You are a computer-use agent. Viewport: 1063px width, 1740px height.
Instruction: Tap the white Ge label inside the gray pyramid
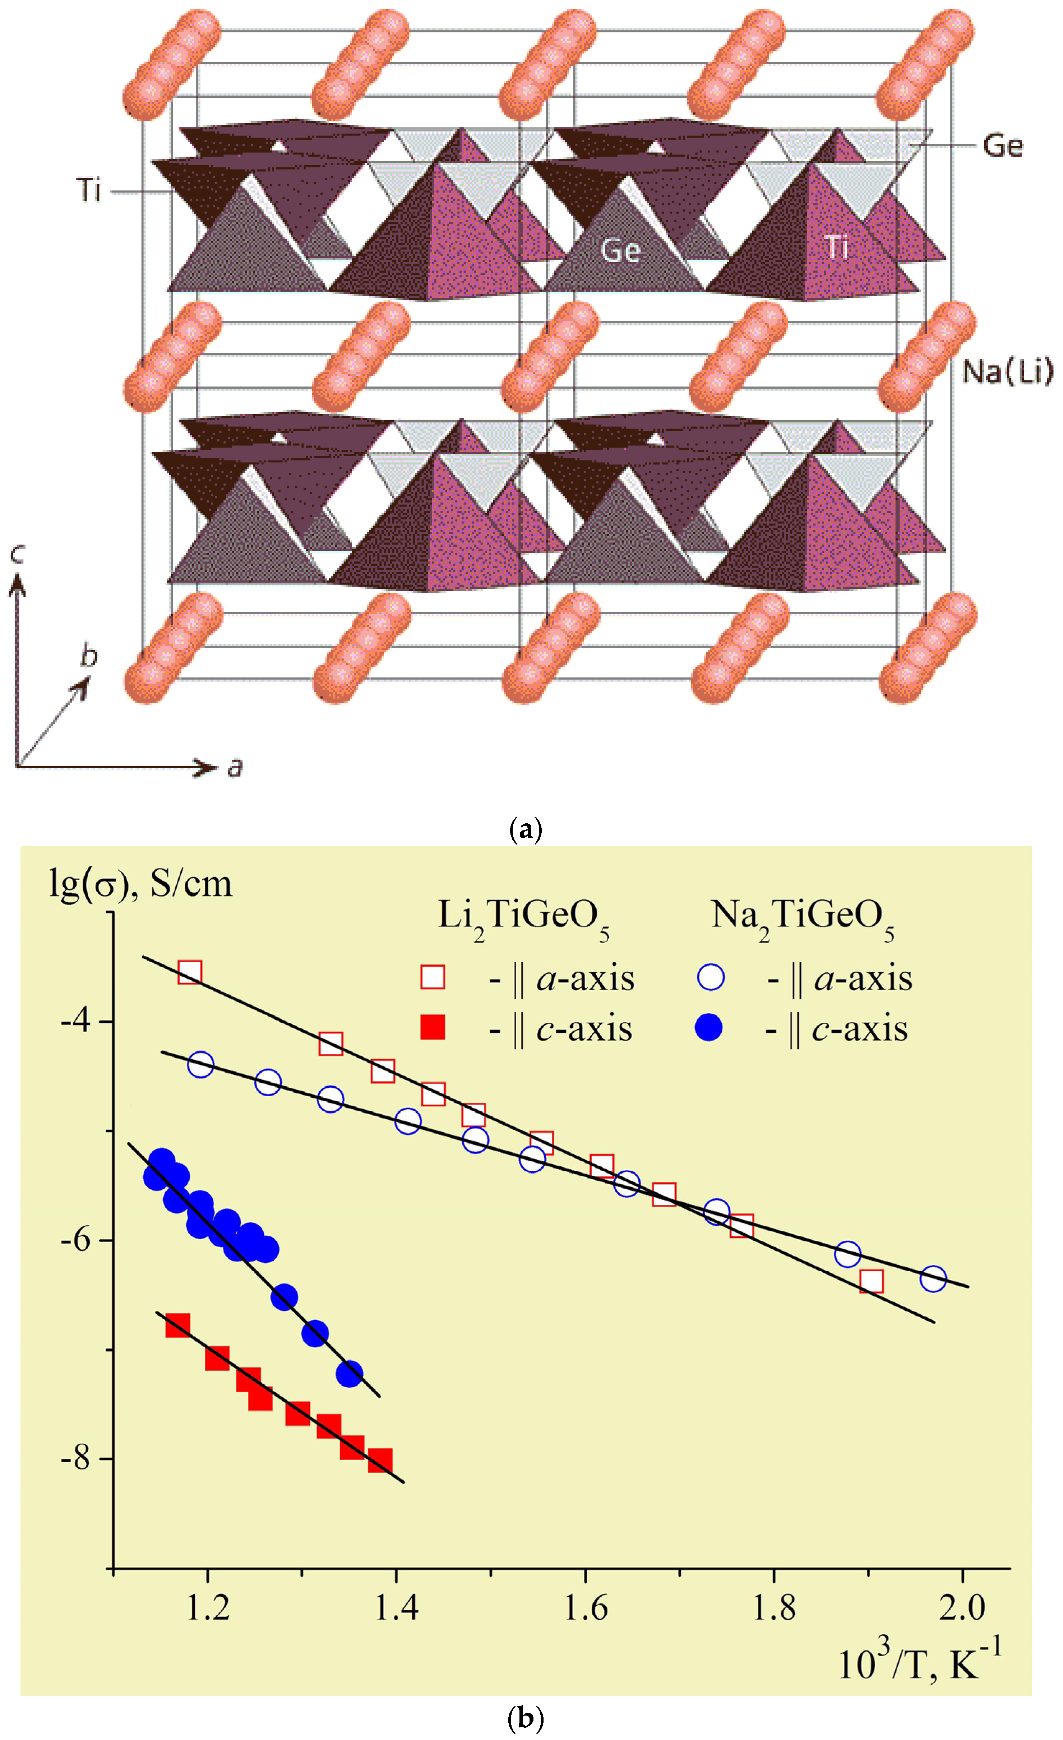(x=620, y=251)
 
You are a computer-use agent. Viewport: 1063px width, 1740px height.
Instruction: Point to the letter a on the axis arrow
(x=235, y=766)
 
